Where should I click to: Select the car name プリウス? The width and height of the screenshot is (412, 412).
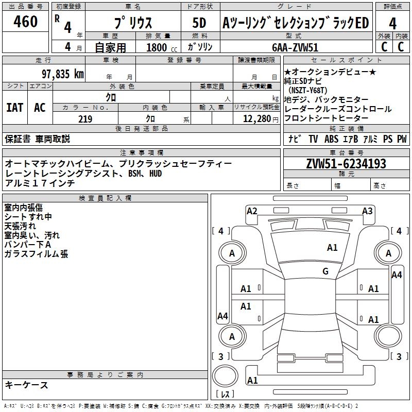click(132, 23)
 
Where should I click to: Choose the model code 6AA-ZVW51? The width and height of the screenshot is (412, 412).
click(295, 47)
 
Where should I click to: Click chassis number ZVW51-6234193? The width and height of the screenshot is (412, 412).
click(346, 164)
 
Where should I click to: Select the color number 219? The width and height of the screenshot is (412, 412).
click(85, 119)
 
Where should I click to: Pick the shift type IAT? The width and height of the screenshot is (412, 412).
click(15, 108)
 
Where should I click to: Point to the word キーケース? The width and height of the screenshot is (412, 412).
click(26, 385)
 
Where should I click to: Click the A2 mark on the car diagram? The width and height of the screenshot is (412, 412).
click(252, 211)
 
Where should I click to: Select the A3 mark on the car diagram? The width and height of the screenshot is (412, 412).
click(367, 211)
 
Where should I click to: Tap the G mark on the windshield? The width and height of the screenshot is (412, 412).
click(325, 271)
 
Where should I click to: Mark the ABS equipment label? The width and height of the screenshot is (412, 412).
click(331, 139)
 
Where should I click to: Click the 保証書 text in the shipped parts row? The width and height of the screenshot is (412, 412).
click(18, 139)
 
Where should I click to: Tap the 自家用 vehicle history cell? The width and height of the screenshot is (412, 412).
click(110, 47)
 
